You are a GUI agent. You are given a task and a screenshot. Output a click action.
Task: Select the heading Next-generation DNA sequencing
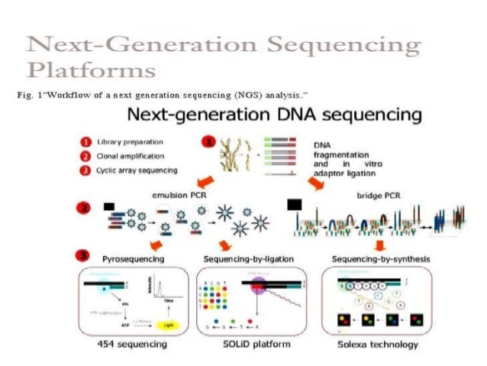coord(273,117)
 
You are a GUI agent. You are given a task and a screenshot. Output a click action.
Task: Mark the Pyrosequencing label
coord(132,259)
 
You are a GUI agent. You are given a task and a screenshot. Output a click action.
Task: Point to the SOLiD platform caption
coord(246,345)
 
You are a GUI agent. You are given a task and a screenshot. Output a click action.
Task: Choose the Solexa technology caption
coord(378,345)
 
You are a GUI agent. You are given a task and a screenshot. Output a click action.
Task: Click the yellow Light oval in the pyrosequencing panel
coord(165,324)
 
